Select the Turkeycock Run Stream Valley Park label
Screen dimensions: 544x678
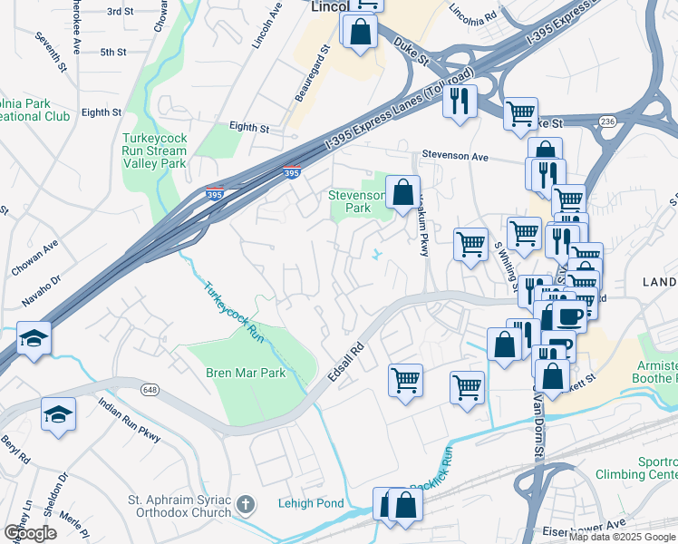(x=154, y=151)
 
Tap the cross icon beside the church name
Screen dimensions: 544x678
(x=245, y=503)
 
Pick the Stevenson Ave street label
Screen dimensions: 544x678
(x=459, y=156)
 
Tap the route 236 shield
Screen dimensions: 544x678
(x=607, y=121)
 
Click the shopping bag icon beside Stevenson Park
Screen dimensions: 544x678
(x=403, y=192)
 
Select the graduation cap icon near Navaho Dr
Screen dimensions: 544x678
(x=34, y=338)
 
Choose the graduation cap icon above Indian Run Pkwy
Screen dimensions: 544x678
(x=59, y=414)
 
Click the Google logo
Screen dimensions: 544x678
(x=31, y=533)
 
